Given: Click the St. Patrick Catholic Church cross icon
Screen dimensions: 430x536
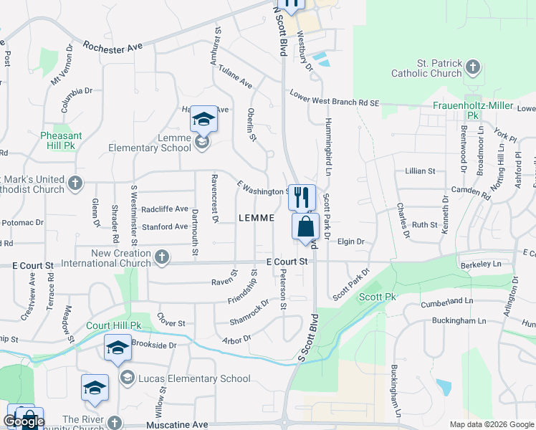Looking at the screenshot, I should click(x=472, y=68).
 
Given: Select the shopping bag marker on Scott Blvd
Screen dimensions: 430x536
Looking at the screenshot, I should click(x=305, y=226).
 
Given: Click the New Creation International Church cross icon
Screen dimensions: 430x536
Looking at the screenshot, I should click(x=163, y=256).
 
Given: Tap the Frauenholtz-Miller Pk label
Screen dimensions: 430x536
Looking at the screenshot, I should click(x=474, y=110).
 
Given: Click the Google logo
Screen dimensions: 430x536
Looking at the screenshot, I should click(x=24, y=422).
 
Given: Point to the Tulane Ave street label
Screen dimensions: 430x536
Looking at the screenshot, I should click(x=236, y=79).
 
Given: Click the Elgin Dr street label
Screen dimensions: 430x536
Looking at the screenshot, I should click(x=351, y=242).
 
